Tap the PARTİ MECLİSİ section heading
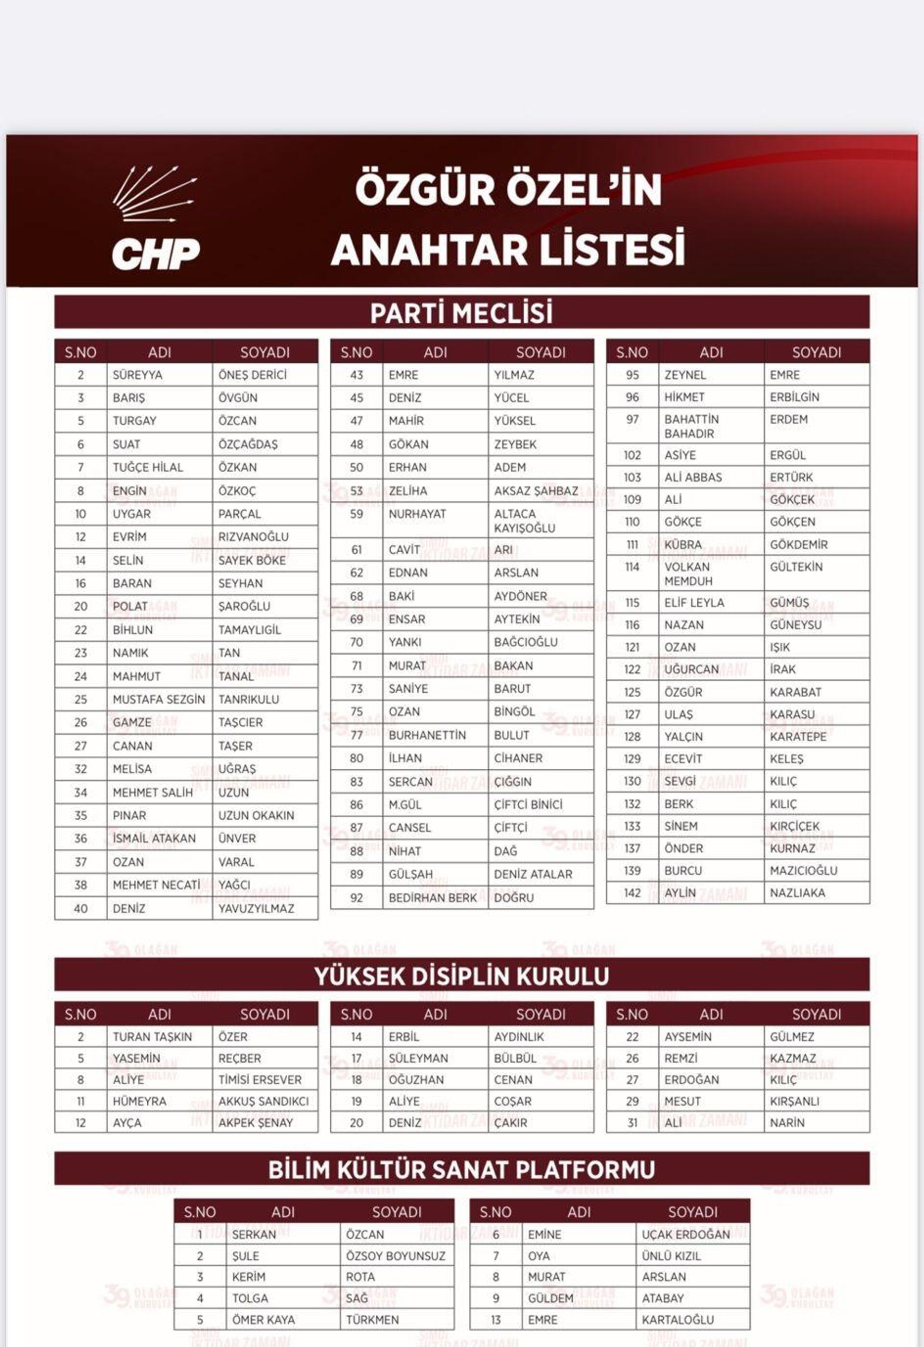(x=462, y=313)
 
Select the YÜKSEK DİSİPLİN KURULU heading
(x=462, y=976)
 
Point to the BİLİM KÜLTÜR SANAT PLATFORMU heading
(x=462, y=1169)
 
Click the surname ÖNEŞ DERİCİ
(x=252, y=375)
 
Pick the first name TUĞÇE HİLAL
(x=147, y=467)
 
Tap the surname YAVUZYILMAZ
(x=256, y=908)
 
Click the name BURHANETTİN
(x=427, y=735)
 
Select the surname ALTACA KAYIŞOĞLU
(x=524, y=521)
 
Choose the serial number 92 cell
(x=356, y=898)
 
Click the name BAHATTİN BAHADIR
(x=691, y=426)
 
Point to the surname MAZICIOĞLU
(x=803, y=871)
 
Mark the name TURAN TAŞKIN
(x=152, y=1037)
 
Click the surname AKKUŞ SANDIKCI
(x=263, y=1101)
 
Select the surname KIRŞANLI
(x=794, y=1101)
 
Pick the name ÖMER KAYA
(x=263, y=1320)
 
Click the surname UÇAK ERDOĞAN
(x=685, y=1234)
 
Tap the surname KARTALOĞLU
(x=677, y=1320)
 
